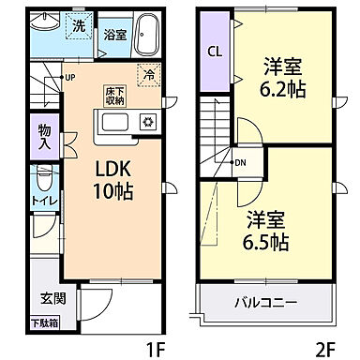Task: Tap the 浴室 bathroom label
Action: coord(116,35)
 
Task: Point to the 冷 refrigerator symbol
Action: coord(148,74)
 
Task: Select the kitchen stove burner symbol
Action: coord(146,122)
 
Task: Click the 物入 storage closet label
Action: coord(45,135)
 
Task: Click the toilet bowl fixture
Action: coord(42,177)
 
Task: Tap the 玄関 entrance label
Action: coord(52,299)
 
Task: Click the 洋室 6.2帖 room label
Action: coord(281,79)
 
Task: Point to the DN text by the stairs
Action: coord(240,162)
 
